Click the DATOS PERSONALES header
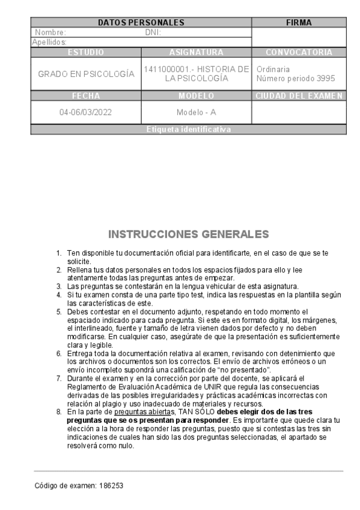pos(141,23)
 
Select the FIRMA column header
pos(299,23)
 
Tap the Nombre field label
pos(50,32)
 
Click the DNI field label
pos(153,32)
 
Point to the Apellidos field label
pos(49,42)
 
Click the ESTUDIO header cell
pos(86,52)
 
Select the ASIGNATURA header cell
pos(197,52)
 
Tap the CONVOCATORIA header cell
pos(299,52)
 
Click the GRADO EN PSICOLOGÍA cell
pos(86,74)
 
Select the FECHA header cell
pos(86,96)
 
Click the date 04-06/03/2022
pos(86,112)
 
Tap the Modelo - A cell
pos(197,112)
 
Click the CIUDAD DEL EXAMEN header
pos(299,96)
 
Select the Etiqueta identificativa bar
pos(188,129)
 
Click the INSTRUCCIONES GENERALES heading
pos(188,233)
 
